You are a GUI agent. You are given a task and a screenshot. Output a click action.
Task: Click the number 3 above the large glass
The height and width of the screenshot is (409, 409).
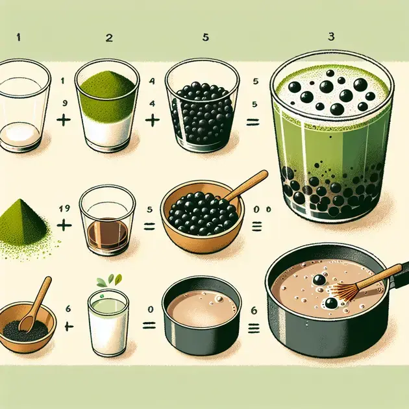click(331, 36)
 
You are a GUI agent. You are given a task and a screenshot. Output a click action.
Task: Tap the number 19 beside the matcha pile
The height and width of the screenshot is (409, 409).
click(64, 208)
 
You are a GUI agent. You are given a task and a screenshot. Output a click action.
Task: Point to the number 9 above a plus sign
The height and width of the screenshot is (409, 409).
click(64, 103)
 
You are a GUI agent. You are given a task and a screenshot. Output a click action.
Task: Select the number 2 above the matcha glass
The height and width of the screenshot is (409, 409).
click(109, 38)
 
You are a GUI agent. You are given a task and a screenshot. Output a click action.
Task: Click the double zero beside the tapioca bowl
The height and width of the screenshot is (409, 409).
click(262, 210)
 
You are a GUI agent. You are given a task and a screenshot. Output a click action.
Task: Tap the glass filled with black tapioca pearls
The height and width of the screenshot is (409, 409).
click(203, 105)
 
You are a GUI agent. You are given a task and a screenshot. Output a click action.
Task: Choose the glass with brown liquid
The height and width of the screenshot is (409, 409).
click(108, 219)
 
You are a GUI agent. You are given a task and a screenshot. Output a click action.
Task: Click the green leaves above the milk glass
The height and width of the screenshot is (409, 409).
click(109, 280)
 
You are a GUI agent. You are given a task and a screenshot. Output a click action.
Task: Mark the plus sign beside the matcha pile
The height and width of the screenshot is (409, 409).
click(64, 225)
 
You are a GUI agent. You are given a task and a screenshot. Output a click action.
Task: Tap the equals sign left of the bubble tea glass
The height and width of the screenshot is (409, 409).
click(253, 122)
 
